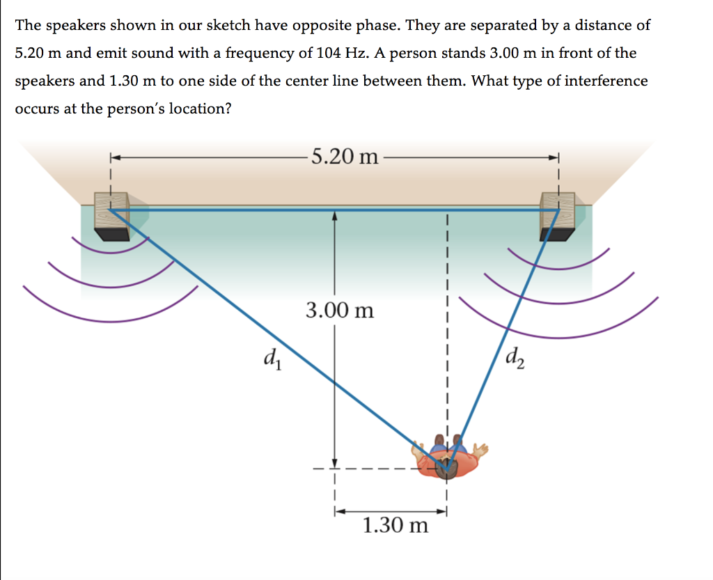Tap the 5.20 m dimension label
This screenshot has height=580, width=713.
click(345, 156)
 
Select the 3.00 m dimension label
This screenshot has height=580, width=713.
click(340, 309)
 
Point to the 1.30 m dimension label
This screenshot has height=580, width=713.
click(395, 525)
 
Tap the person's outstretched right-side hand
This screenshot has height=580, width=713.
click(480, 449)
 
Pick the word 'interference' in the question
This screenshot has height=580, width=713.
click(606, 81)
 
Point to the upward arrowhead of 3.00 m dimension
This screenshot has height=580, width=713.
click(335, 217)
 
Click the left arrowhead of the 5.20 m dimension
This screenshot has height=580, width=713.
click(113, 157)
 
